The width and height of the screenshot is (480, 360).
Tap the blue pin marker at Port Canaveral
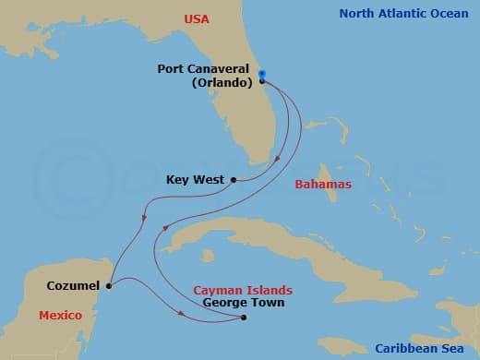pos(262,75)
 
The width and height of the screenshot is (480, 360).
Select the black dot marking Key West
pos(234,180)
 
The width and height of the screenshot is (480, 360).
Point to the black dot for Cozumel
pos(109,285)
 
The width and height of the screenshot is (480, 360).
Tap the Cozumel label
pos(73,286)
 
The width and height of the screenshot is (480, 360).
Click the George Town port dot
pos(244,318)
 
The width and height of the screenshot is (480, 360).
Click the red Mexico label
pos(61,316)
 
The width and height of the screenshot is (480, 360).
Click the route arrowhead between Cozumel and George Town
pos(182,315)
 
